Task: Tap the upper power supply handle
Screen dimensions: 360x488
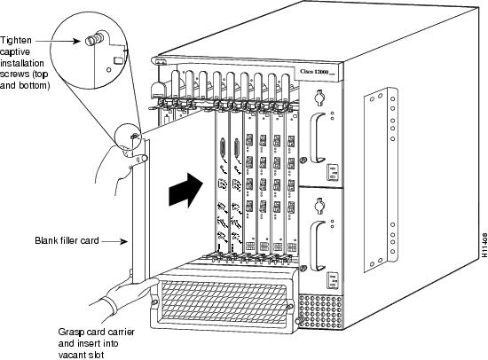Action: point(319,142)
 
